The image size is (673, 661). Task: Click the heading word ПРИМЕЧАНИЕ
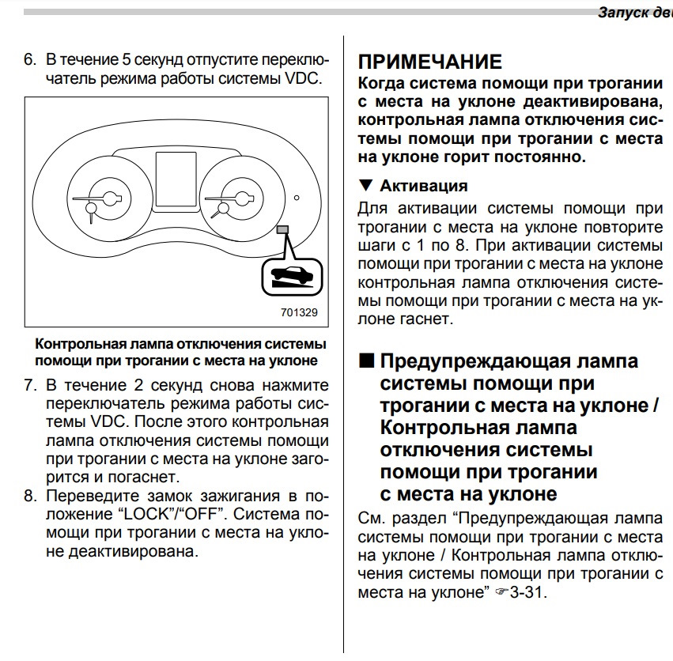(430, 62)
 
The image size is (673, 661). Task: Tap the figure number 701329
(299, 312)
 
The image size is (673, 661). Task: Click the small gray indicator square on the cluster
(283, 229)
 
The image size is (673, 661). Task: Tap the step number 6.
(29, 60)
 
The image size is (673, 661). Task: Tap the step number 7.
(29, 386)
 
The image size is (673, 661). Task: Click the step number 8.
(29, 496)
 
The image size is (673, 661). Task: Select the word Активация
(423, 186)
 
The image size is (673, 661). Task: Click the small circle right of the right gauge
(296, 197)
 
